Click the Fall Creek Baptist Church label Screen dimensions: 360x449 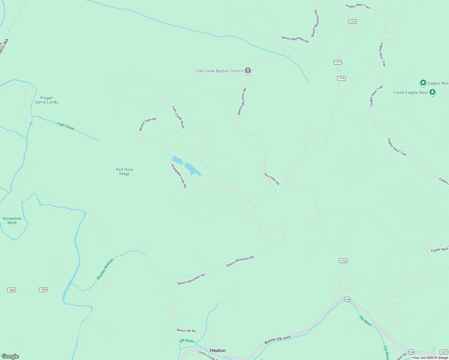[x=219, y=71]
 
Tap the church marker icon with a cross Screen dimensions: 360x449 [x=248, y=70]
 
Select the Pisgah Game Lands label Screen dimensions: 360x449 [x=47, y=100]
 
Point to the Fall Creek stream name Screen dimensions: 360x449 [x=66, y=127]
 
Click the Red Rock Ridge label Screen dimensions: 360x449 [x=125, y=172]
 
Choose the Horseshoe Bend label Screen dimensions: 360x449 [x=12, y=220]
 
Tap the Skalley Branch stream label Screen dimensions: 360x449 [x=105, y=269]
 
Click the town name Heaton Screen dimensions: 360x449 [x=218, y=350]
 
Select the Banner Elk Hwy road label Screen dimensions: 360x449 [x=277, y=340]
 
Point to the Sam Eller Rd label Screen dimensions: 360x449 [x=272, y=179]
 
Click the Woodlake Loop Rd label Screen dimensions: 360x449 [x=179, y=176]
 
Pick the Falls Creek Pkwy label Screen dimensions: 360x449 [x=178, y=117]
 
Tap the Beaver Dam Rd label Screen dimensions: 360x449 [x=147, y=124]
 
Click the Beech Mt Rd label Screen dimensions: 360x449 [x=186, y=331]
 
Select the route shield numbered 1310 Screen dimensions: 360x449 [x=343, y=261]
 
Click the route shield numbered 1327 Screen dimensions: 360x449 [x=444, y=352]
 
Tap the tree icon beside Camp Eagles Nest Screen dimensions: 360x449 [x=432, y=92]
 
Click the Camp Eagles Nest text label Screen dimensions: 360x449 [x=410, y=93]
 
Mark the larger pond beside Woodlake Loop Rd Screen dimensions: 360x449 [x=192, y=169]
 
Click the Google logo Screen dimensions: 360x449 [x=10, y=356]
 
